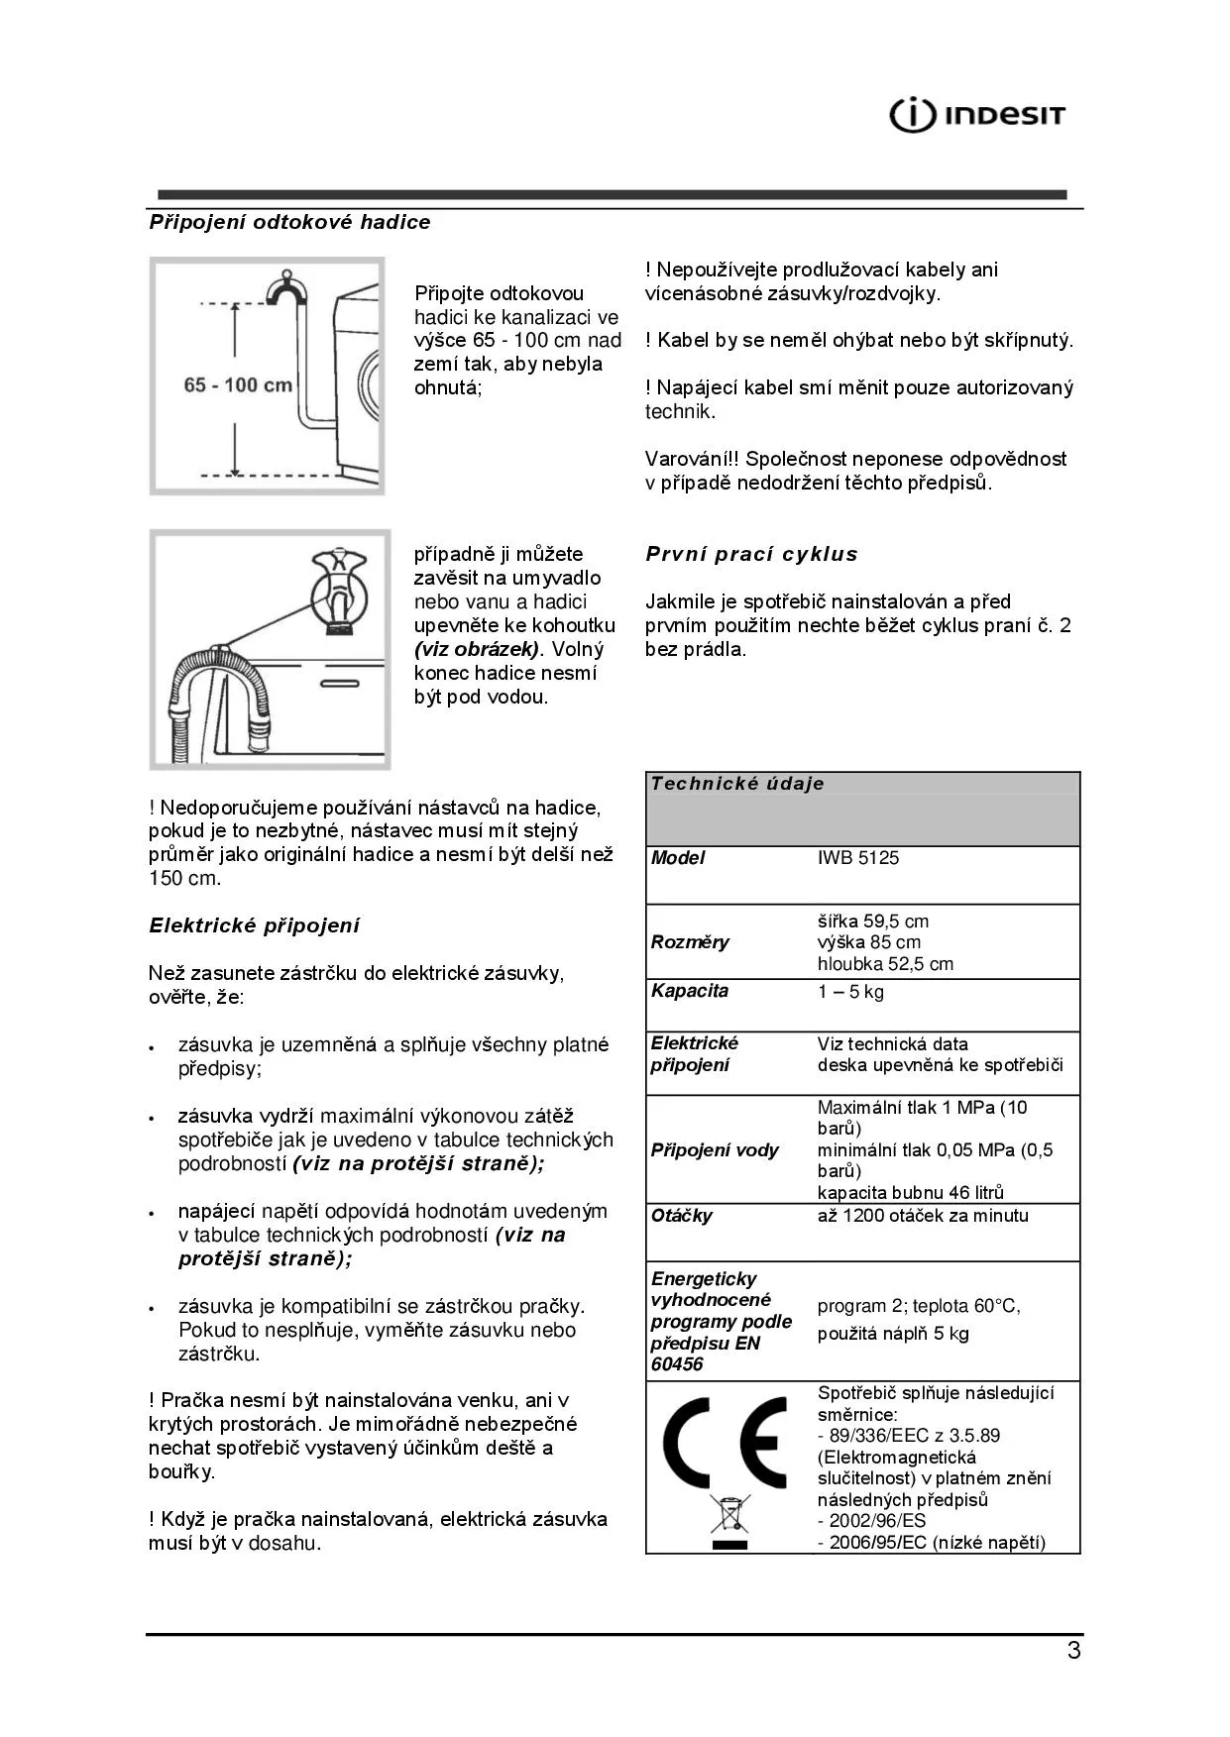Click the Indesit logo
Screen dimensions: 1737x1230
976,115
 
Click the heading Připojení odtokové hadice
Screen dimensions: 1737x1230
289,222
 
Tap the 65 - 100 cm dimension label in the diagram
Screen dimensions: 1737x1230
238,384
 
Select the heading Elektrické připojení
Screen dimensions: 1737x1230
254,925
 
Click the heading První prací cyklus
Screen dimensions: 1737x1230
751,554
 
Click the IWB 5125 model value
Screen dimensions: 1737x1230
857,858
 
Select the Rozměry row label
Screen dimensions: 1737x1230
690,942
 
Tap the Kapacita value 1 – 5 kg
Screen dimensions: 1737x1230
850,992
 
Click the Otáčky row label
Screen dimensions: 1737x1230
681,1216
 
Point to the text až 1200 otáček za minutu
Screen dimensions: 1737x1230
922,1216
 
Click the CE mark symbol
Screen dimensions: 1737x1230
725,1442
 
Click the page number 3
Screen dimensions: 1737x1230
1073,1652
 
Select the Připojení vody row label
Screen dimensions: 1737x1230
714,1150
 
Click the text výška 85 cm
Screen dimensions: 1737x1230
868,942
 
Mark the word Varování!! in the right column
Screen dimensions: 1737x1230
692,459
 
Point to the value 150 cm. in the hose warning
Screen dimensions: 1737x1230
184,879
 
